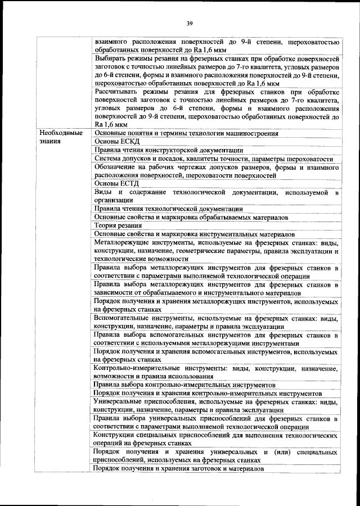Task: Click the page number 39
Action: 190,23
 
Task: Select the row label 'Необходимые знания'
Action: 61,137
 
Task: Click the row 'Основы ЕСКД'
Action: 111,142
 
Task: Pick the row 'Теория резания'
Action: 115,225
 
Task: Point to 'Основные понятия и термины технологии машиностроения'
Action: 186,133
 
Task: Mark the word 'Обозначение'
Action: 118,167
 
